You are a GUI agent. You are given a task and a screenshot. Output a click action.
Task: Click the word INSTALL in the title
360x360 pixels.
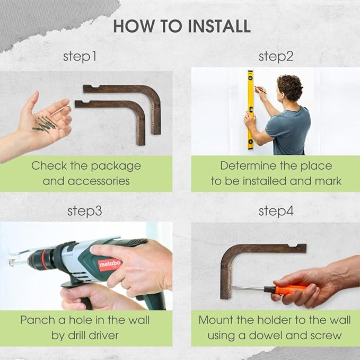tap(219, 26)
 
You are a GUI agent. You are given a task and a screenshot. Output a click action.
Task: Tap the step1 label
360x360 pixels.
tap(80, 57)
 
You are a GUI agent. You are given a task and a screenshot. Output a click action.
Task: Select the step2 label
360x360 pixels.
tap(276, 57)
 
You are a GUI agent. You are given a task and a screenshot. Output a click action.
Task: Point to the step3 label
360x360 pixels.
tap(84, 211)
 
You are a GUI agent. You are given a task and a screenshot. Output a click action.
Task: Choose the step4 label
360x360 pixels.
tap(276, 211)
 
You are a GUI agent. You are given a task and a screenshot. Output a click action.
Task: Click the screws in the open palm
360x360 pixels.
tap(46, 124)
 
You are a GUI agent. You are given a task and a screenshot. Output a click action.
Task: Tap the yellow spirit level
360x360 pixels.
tap(250, 110)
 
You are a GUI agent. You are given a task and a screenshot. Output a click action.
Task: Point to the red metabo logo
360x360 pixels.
tap(110, 265)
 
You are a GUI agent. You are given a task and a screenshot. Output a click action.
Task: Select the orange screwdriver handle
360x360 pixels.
tap(285, 289)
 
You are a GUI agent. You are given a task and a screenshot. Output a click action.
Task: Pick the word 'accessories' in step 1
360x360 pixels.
tap(99, 181)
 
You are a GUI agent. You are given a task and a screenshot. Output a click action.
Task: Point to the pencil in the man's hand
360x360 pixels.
tap(260, 90)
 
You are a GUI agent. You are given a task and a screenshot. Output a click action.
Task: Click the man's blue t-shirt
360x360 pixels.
tap(288, 131)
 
